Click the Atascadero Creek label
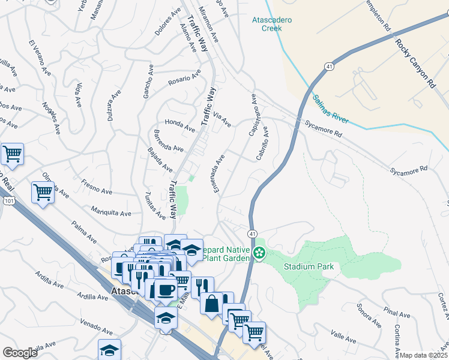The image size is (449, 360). coord(271,24)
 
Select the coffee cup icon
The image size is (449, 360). coord(166,289)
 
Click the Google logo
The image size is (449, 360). coord(20,352)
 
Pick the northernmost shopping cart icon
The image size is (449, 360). coord(12,154)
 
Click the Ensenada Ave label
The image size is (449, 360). coord(218,173)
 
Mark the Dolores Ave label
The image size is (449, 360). coord(167,22)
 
